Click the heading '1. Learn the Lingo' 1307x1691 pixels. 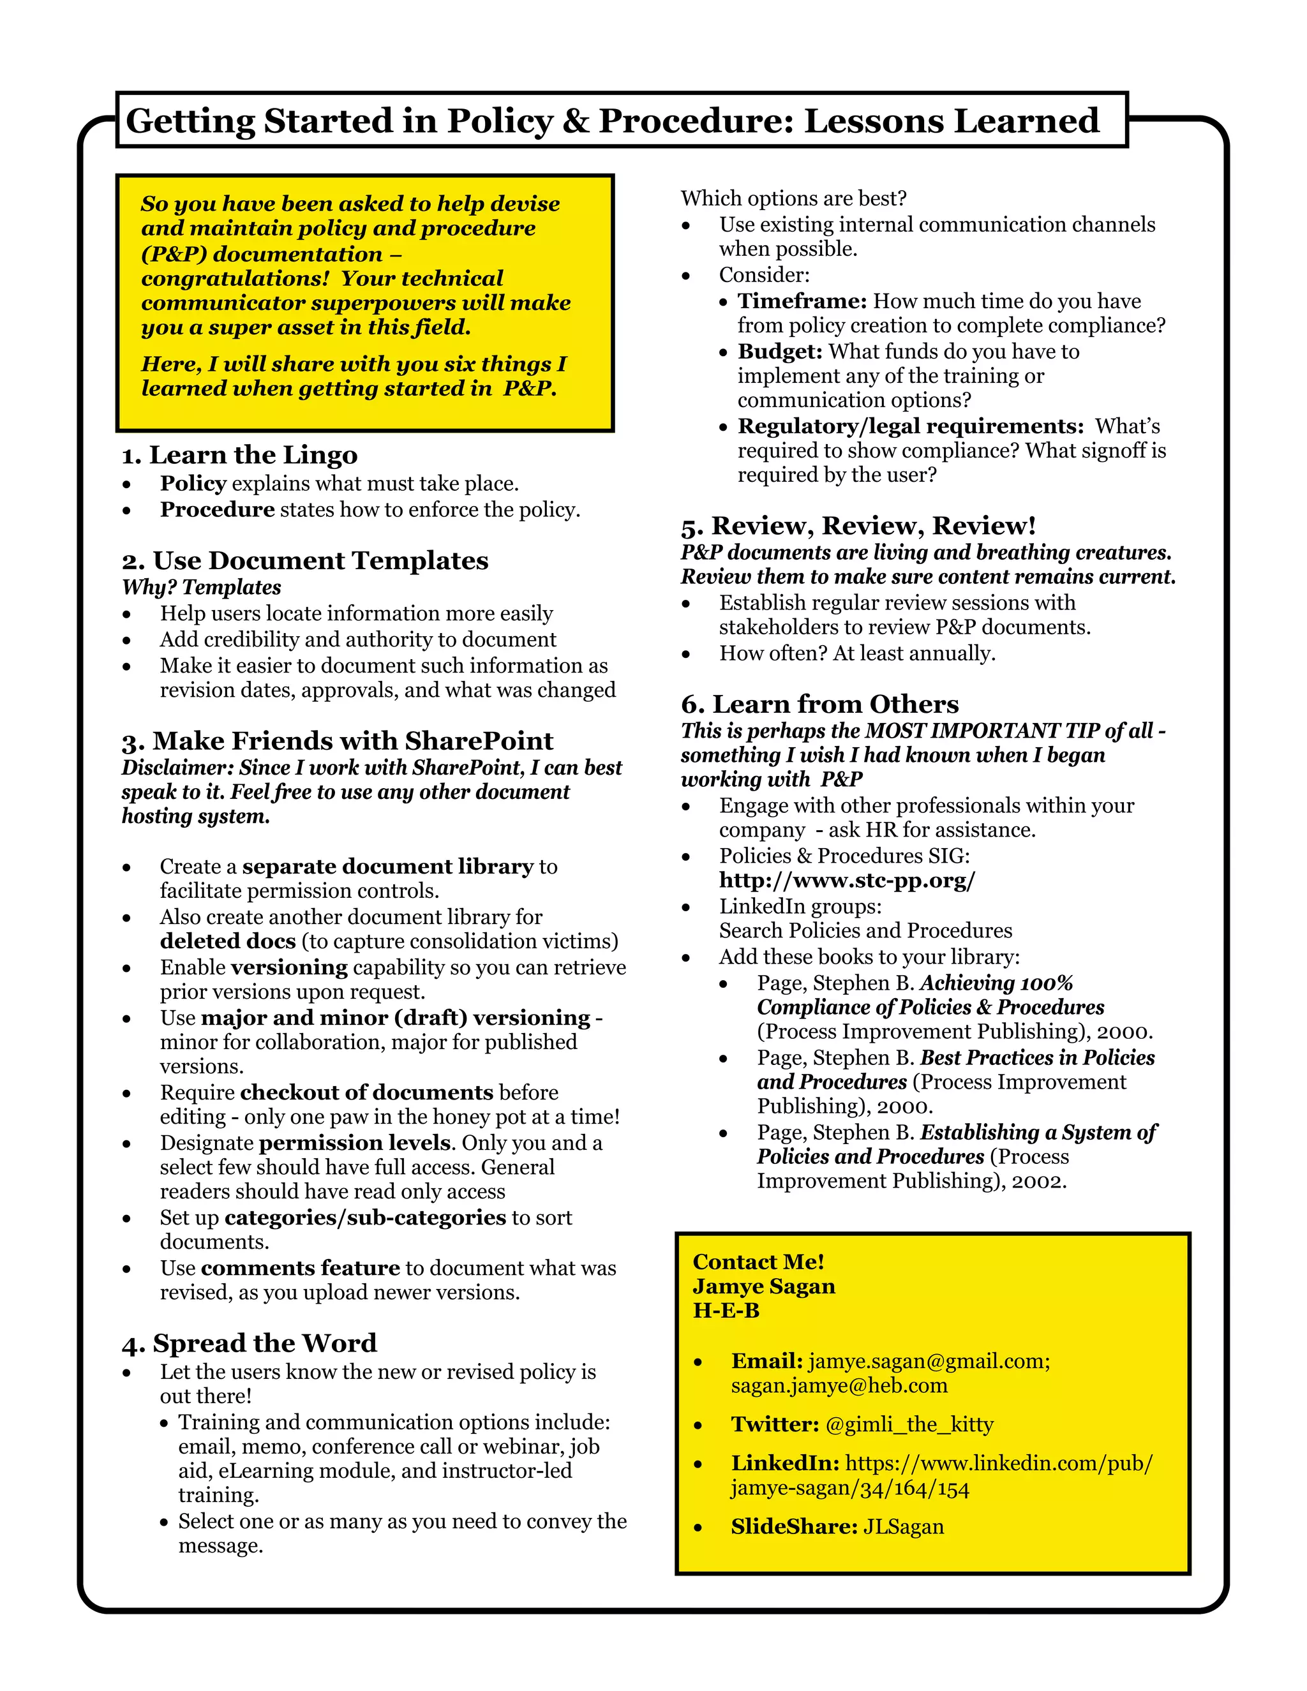pos(239,455)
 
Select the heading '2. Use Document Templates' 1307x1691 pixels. pos(305,560)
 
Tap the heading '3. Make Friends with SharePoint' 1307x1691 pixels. pos(338,741)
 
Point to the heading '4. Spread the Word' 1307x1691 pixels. pos(250,1343)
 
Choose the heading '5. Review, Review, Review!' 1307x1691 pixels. pos(858,526)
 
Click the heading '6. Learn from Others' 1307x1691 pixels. pos(819,704)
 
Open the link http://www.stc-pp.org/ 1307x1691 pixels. pos(847,881)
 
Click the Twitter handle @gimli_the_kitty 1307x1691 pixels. pos(909,1424)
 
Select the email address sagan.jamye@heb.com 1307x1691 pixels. pos(839,1385)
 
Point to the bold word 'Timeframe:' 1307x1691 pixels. pos(802,301)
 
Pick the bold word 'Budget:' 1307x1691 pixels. pos(780,352)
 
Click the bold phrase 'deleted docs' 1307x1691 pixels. pos(228,941)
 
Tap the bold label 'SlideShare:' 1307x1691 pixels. pos(794,1526)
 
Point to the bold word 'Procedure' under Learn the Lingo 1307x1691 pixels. pos(217,509)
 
